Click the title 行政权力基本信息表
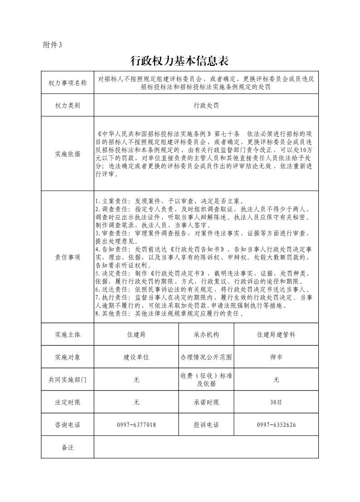(x=180, y=61)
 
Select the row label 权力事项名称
(x=68, y=83)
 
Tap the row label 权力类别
(x=68, y=106)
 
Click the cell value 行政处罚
(x=206, y=106)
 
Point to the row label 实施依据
(x=68, y=154)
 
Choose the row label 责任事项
(x=68, y=257)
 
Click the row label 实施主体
(x=68, y=335)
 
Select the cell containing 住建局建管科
(x=276, y=335)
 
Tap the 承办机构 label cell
(x=206, y=335)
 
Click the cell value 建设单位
(x=136, y=357)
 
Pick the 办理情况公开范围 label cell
(x=206, y=357)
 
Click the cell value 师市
(x=276, y=357)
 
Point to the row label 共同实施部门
(x=68, y=380)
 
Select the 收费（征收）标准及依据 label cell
(x=206, y=380)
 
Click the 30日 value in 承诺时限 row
(x=276, y=402)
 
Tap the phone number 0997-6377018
(x=136, y=425)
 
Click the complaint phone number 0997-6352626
(x=276, y=425)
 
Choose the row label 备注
(x=68, y=447)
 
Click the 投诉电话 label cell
(x=206, y=425)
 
